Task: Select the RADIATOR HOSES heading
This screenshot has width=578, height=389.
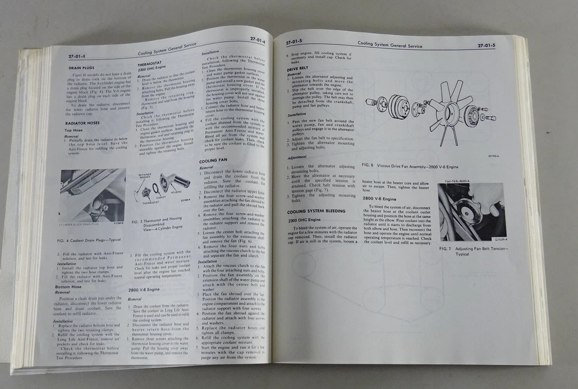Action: [85, 122]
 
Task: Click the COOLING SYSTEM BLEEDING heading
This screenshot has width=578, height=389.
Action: [316, 212]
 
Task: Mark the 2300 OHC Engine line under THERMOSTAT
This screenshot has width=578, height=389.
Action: [154, 68]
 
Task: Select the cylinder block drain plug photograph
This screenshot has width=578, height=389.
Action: [92, 195]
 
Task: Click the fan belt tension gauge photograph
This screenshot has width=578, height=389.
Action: [471, 210]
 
